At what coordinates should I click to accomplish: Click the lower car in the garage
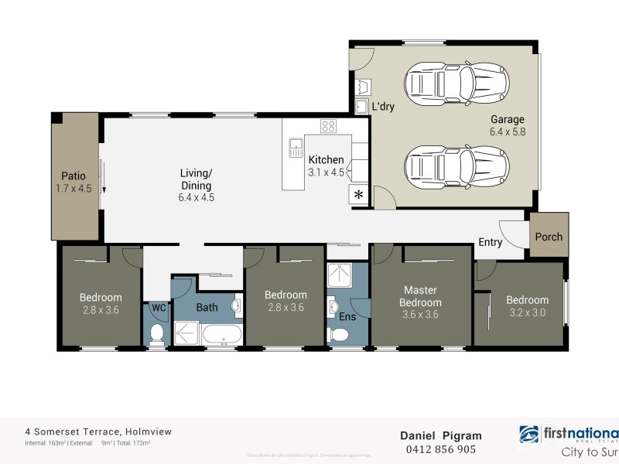coord(457,164)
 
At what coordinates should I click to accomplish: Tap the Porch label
coord(549,237)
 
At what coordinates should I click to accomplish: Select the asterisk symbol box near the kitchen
coord(358,195)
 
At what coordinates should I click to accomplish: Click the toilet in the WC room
coord(157,333)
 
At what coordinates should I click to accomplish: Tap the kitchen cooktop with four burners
coord(328,127)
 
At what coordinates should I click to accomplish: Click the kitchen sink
coord(296,146)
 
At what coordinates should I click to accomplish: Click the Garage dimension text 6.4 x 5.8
coord(507,132)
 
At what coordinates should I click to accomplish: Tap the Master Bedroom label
coord(421,296)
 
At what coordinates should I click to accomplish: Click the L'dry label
coord(382,107)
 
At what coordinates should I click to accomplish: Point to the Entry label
coord(490,242)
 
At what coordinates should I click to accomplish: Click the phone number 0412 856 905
coord(441,449)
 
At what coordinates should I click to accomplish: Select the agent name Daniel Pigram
coord(440,435)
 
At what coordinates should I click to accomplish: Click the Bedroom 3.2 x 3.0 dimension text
coord(527,312)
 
